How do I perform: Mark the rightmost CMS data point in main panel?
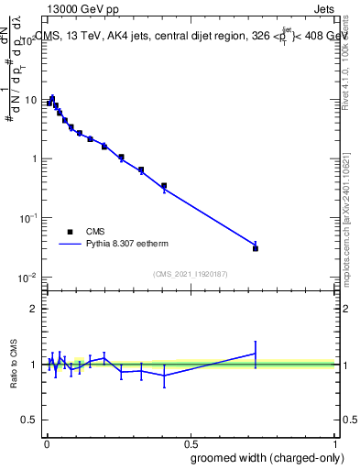pyautogui.click(x=256, y=248)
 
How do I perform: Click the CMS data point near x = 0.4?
pyautogui.click(x=164, y=186)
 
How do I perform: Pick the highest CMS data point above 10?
pyautogui.click(x=52, y=99)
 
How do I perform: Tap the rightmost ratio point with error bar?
pyautogui.click(x=256, y=354)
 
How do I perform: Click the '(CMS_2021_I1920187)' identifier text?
pyautogui.click(x=190, y=273)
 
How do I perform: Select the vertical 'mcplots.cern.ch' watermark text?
pyautogui.click(x=351, y=220)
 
